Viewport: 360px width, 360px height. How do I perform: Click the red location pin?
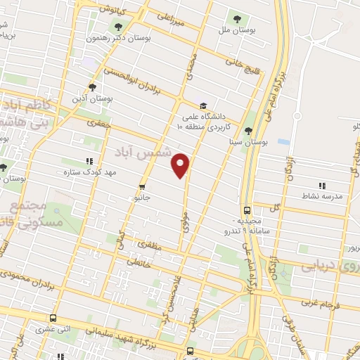coord(182,164)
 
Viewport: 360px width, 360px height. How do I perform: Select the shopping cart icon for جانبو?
coord(143,187)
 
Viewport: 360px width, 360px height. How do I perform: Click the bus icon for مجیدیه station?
coord(247,210)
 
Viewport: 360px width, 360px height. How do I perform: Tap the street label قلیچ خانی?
coord(238,65)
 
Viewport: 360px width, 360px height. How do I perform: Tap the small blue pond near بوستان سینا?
coord(283,141)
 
